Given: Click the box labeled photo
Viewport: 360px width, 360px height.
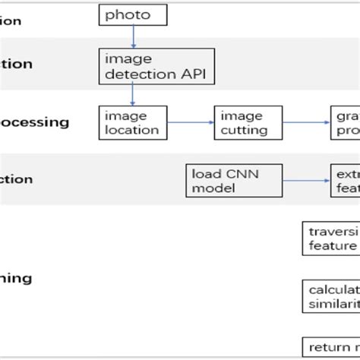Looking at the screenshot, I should (x=133, y=14).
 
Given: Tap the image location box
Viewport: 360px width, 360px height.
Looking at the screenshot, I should (x=133, y=122).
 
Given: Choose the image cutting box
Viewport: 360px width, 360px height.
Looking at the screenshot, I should (x=248, y=122).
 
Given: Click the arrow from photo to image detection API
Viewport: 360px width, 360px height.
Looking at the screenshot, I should (x=133, y=36).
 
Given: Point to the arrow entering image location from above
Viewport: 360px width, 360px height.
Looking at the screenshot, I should (x=133, y=93).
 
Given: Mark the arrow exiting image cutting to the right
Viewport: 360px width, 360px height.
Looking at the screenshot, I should (x=306, y=122).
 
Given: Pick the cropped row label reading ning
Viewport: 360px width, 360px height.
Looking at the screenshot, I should (x=15, y=278).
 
